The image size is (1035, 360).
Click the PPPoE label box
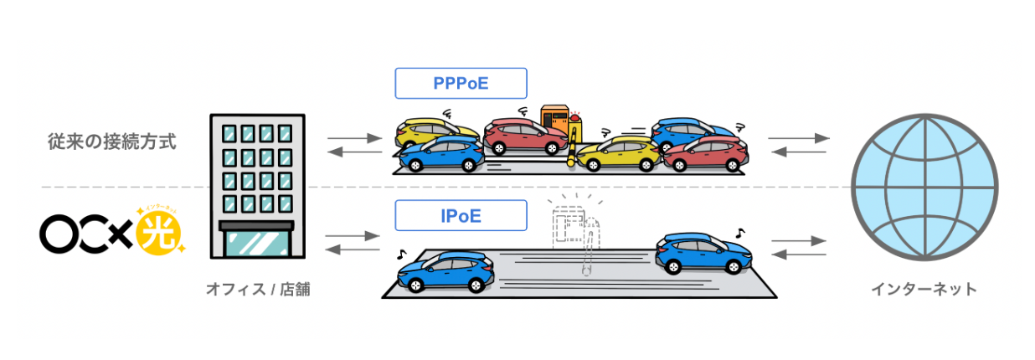[x=461, y=84]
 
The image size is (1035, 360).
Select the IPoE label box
[x=461, y=216]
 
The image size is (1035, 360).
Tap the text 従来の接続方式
[x=112, y=140]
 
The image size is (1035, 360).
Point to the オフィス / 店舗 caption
[x=252, y=290]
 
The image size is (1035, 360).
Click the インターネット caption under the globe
[x=924, y=290]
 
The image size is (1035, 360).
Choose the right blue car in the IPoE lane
[x=703, y=253]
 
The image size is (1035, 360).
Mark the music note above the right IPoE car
[x=739, y=232]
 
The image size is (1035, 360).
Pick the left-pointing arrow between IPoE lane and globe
[x=798, y=254]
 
